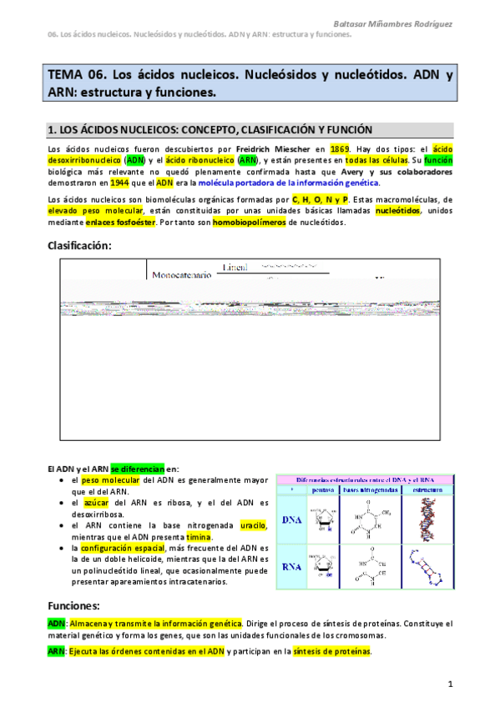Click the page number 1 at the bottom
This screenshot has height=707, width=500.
coord(450,684)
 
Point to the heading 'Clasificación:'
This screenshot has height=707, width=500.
coord(79,245)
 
